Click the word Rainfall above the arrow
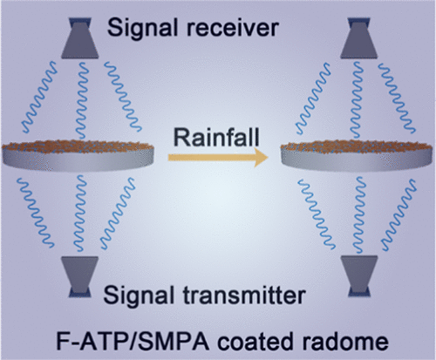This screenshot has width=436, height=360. point(216,137)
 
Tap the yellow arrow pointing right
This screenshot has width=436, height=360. point(218,157)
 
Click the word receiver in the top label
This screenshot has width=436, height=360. point(233,28)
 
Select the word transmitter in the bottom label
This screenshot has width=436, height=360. point(243,295)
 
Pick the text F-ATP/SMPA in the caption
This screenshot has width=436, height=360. point(133,342)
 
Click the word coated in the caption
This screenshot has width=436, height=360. point(256,342)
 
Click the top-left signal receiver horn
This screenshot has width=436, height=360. point(80,37)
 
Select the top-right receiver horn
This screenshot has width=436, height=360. point(359,37)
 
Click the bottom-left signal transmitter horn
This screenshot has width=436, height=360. point(80,276)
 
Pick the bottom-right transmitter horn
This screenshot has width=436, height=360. point(359,276)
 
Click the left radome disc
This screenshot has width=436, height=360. point(78,155)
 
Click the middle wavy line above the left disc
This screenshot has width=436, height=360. point(82,100)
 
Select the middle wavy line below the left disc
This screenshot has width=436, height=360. point(79,213)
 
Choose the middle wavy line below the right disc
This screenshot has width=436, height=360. point(358,214)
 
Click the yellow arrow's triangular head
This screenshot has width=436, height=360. point(261,157)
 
